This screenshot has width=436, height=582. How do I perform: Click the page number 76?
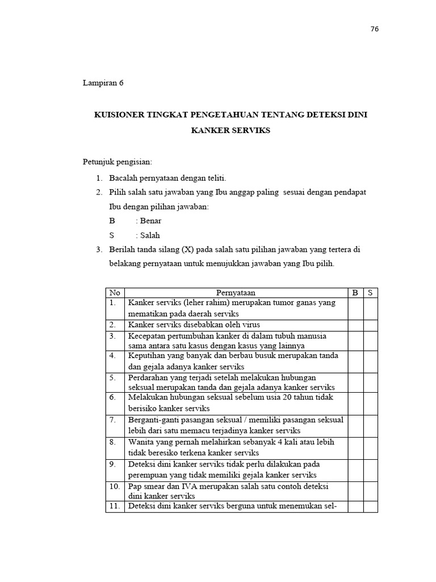click(x=374, y=30)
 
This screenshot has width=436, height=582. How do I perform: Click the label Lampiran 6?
click(x=103, y=83)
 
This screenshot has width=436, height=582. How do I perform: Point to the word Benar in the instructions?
click(x=150, y=221)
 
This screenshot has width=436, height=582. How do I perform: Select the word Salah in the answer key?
click(x=150, y=235)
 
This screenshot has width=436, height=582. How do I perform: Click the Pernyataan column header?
click(x=236, y=293)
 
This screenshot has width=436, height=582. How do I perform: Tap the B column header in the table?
click(x=355, y=293)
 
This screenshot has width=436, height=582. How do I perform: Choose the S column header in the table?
click(x=370, y=293)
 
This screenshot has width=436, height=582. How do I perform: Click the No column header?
click(x=115, y=293)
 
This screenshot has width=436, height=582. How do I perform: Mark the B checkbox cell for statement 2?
click(x=355, y=325)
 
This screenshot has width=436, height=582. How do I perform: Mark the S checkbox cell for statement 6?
click(x=370, y=403)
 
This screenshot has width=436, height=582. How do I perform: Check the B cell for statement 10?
click(x=355, y=491)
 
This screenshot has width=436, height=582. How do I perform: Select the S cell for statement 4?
click(x=370, y=361)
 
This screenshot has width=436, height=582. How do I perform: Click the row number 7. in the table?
click(x=113, y=419)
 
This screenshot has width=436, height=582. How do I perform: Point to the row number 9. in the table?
click(x=113, y=464)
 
